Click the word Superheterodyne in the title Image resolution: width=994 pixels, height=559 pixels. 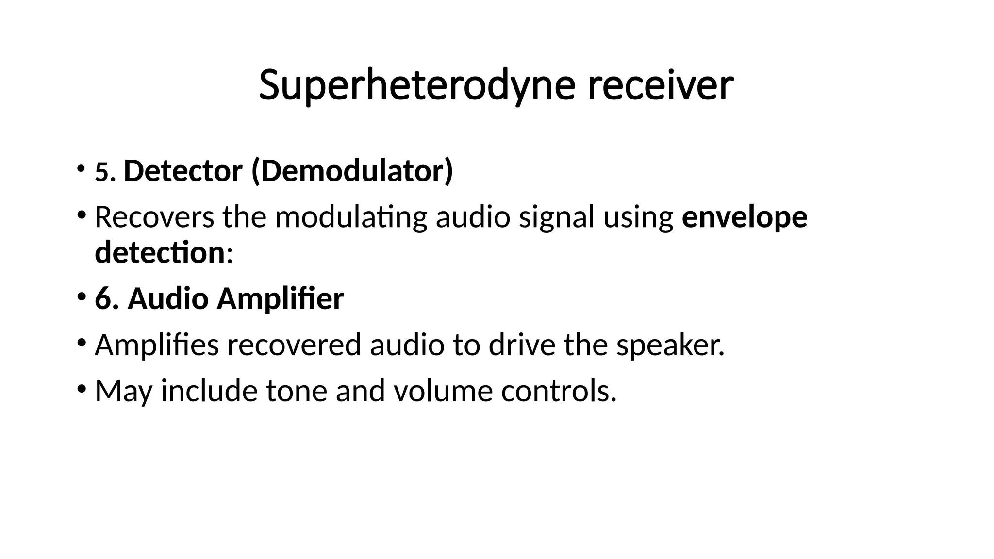[416, 85]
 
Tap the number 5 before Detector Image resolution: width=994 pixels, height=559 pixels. [102, 172]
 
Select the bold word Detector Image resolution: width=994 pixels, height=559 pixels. [183, 171]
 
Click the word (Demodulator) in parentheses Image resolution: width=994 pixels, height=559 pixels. [352, 171]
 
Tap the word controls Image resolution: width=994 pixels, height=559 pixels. [558, 391]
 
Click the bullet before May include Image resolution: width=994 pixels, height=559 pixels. [81, 389]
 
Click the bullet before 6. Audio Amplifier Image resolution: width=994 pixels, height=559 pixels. [81, 296]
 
